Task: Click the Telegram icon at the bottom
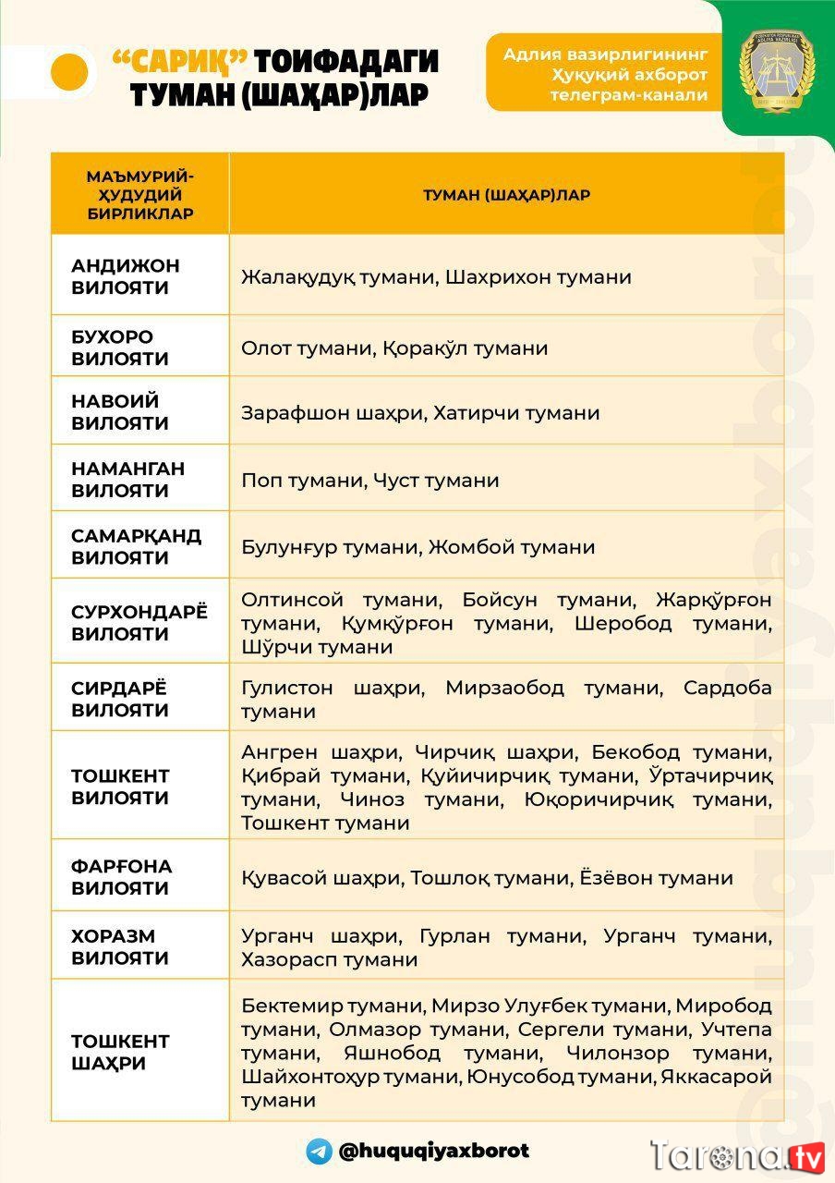point(320,1151)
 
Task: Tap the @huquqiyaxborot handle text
point(433,1151)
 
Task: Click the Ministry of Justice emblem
point(777,71)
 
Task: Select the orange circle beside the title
point(68,72)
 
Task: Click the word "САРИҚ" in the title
point(179,61)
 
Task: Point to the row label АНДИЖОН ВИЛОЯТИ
point(126,276)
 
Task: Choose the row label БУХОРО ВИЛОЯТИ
point(120,348)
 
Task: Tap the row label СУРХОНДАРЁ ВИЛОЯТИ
point(139,623)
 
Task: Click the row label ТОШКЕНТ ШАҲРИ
point(120,1052)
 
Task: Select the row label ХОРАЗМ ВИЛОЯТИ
point(120,946)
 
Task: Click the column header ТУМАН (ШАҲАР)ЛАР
point(506,195)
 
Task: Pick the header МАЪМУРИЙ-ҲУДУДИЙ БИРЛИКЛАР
point(139,195)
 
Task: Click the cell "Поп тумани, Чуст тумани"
point(369,481)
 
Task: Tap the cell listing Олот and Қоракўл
point(394,348)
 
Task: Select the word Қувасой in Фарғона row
point(284,878)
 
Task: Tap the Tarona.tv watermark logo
point(736,1156)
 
